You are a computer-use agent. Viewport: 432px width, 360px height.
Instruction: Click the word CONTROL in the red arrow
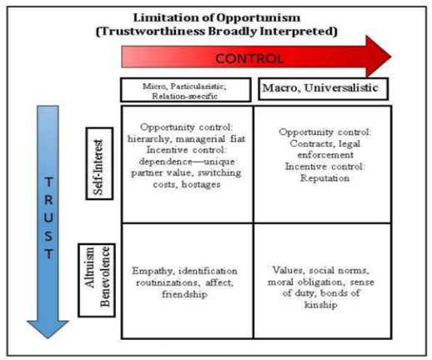click(x=249, y=58)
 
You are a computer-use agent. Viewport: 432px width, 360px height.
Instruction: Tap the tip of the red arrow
click(x=391, y=57)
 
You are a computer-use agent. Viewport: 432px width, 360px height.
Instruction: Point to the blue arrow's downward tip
click(x=48, y=338)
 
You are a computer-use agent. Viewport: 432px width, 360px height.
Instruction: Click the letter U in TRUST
click(x=48, y=217)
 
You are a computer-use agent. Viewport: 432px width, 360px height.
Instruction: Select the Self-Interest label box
click(x=99, y=163)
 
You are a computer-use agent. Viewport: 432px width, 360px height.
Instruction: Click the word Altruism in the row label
click(x=89, y=267)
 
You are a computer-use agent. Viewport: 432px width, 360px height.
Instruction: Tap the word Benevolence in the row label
click(x=105, y=277)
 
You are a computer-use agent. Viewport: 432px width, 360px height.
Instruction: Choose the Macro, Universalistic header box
click(x=324, y=89)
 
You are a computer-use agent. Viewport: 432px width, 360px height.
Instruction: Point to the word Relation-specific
click(x=184, y=97)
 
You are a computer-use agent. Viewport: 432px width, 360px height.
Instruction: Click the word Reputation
click(x=324, y=178)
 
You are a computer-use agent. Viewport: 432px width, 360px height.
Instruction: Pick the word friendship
click(x=184, y=294)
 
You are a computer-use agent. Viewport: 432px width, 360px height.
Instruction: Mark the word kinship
click(x=321, y=305)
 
